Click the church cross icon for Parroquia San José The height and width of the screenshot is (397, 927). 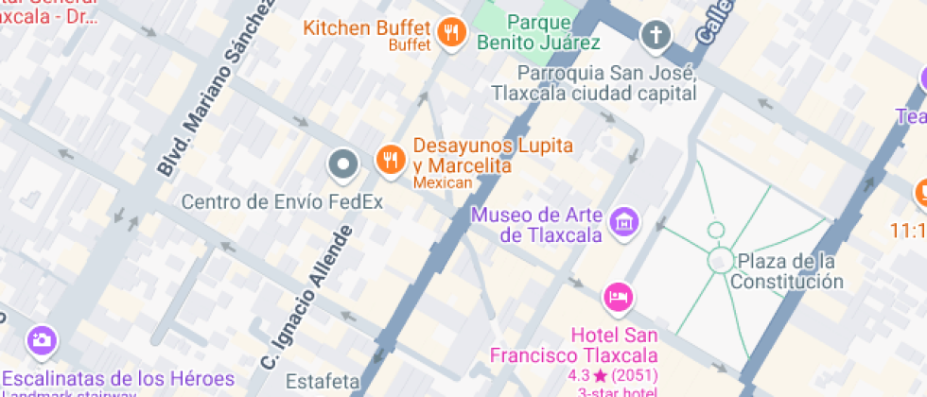click(x=654, y=37)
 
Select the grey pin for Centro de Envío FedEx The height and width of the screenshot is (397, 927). click(x=342, y=165)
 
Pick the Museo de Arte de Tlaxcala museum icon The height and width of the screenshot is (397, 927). click(x=624, y=223)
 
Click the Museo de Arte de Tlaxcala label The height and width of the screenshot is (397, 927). click(x=537, y=224)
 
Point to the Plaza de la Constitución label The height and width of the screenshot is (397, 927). click(x=789, y=270)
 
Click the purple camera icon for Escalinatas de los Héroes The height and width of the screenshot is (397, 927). click(x=41, y=340)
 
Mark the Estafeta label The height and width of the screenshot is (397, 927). click(x=325, y=382)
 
